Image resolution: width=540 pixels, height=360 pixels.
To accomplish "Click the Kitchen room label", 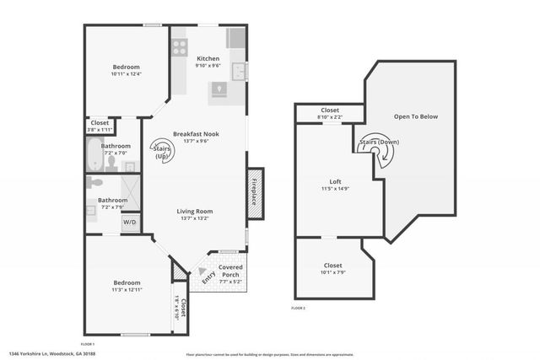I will (x=208, y=58).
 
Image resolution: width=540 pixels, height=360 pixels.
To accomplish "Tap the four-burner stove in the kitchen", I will (x=180, y=47).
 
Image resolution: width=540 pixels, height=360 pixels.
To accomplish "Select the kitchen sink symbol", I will (x=239, y=71).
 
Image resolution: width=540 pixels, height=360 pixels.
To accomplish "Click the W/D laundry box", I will (x=129, y=223).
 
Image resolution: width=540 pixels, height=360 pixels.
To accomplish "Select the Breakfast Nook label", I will (x=196, y=134).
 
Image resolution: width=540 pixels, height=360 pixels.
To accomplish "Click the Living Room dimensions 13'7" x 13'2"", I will (x=195, y=218).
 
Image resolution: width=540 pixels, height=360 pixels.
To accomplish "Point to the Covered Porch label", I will (x=230, y=271).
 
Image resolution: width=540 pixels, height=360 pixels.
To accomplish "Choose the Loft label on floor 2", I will (x=335, y=181).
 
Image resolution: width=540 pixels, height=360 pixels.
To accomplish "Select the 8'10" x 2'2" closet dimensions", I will (x=329, y=116).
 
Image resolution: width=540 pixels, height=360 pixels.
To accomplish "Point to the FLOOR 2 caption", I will (x=299, y=309).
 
